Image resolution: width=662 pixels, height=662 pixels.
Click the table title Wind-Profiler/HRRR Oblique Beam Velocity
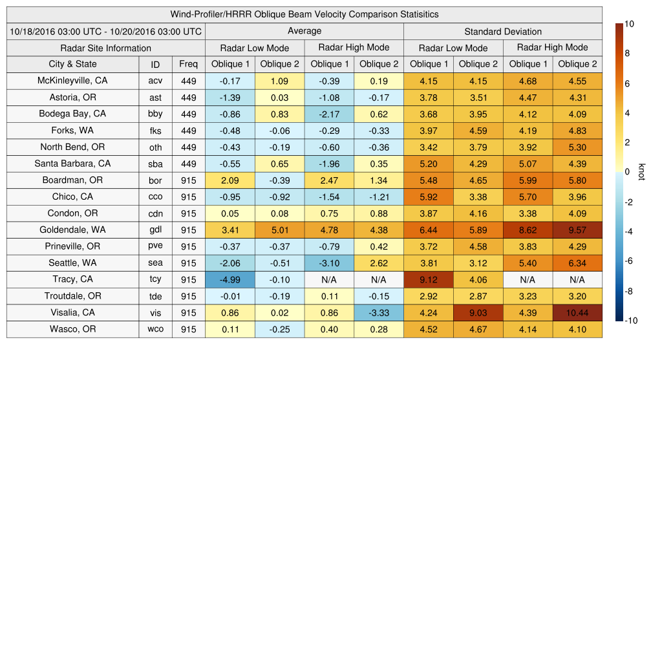[x=304, y=14]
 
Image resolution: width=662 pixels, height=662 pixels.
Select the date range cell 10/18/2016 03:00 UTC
[x=106, y=31]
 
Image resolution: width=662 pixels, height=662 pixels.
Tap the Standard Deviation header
[x=503, y=31]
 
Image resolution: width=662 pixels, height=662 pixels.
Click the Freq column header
[x=189, y=64]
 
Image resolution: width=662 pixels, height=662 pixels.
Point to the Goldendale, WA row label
[x=72, y=230]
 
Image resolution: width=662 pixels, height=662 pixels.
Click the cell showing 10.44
[x=577, y=312]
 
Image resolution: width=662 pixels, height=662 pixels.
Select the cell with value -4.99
[x=230, y=279]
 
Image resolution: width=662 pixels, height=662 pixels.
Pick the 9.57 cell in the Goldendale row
[x=577, y=230]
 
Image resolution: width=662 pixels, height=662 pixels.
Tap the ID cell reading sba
[x=155, y=164]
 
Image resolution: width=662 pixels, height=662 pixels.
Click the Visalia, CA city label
[x=72, y=312]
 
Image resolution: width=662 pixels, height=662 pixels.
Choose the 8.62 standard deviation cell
[x=528, y=230]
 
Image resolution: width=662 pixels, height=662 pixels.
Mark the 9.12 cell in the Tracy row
[x=428, y=279]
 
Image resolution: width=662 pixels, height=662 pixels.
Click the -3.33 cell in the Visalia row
[x=378, y=312]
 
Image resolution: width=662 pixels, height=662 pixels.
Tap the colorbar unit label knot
[x=641, y=172]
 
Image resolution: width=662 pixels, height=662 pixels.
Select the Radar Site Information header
[x=106, y=48]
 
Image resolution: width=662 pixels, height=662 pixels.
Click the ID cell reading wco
[x=155, y=329]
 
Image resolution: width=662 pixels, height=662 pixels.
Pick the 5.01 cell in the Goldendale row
[x=279, y=230]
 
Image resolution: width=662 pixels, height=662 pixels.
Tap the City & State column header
[x=72, y=64]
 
